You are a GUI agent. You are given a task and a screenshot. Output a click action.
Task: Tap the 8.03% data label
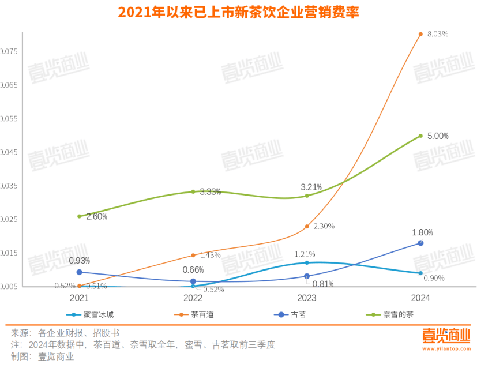pos(438,34)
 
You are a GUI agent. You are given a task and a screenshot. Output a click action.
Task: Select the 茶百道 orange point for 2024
pos(420,34)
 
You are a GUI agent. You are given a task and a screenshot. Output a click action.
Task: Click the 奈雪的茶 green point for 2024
pos(420,136)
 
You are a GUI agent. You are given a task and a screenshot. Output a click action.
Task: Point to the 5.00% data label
pos(438,136)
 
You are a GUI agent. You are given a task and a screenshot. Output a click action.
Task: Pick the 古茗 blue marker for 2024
pos(420,243)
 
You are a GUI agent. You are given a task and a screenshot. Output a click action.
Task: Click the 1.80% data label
pos(422,232)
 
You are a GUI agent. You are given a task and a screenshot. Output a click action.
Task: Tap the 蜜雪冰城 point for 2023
pos(307,262)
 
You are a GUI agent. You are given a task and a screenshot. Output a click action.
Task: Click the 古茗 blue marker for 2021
pos(80,272)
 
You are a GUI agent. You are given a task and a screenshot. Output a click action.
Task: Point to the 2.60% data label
pos(96,216)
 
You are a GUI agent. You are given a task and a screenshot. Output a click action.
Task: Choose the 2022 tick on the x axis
pos(193,298)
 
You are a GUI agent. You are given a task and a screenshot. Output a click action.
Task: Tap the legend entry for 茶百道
pos(192,314)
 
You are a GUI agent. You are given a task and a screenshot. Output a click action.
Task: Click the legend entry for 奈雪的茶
pos(390,314)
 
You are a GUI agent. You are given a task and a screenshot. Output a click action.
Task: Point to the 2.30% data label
pos(324,226)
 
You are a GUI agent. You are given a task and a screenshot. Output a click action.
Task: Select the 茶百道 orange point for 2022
pos(193,255)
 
